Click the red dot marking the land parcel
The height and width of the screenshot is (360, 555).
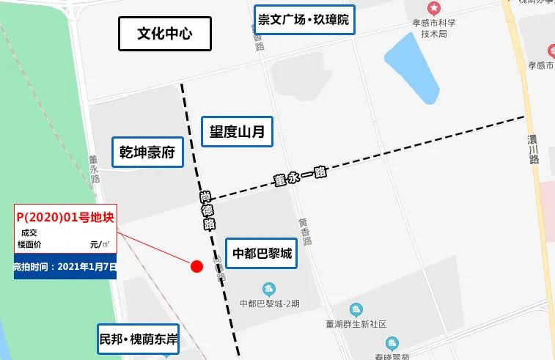(196, 266)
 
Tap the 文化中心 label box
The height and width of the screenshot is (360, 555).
(165, 34)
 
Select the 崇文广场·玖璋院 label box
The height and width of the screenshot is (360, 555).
(304, 20)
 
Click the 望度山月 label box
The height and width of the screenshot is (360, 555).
(232, 132)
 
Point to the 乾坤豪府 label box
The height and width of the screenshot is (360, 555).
(147, 153)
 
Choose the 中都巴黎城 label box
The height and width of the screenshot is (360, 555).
(262, 254)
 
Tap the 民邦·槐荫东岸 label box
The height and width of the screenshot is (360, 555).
(139, 339)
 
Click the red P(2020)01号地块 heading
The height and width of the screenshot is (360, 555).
(65, 218)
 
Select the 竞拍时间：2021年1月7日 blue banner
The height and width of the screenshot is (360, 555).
(65, 266)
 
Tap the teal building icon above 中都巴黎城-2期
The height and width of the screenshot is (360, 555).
(269, 289)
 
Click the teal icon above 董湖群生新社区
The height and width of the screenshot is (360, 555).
(356, 309)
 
